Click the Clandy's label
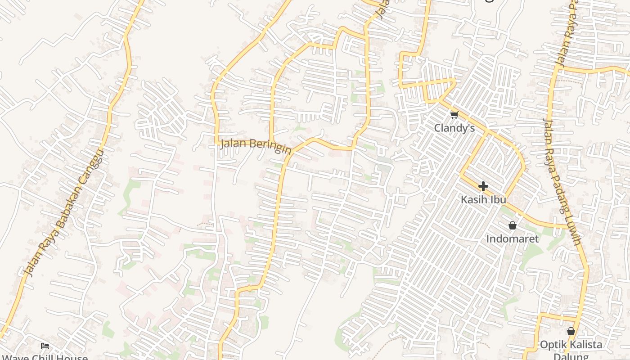pos(454,128)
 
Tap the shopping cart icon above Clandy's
pos(454,115)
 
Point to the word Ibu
pos(499,199)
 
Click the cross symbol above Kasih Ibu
pos(483,186)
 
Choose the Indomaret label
pos(512,238)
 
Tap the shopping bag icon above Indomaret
pos(512,225)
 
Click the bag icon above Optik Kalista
pos(571,332)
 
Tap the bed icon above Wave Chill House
pos(45,346)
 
